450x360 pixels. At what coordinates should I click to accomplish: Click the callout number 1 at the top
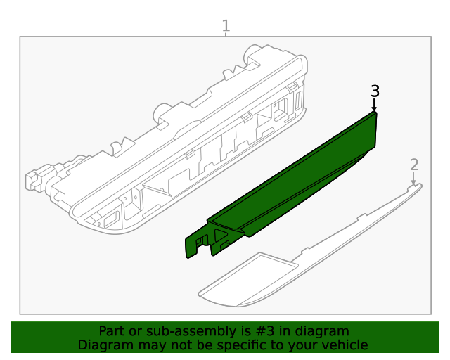[x=226, y=26]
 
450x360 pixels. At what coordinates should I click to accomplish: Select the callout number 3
[x=375, y=91]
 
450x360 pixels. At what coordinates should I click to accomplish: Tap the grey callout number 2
[x=414, y=165]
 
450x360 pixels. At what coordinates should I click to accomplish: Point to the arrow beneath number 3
[x=374, y=105]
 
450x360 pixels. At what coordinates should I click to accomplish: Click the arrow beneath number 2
[x=413, y=179]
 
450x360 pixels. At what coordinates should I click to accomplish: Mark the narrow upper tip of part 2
[x=415, y=188]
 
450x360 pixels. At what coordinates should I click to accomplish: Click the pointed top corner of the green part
[x=374, y=113]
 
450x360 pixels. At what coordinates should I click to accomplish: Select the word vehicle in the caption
[x=345, y=345]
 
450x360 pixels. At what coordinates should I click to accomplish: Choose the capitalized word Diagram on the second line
[x=103, y=345]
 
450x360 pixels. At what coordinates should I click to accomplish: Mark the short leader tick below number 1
[x=226, y=34]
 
